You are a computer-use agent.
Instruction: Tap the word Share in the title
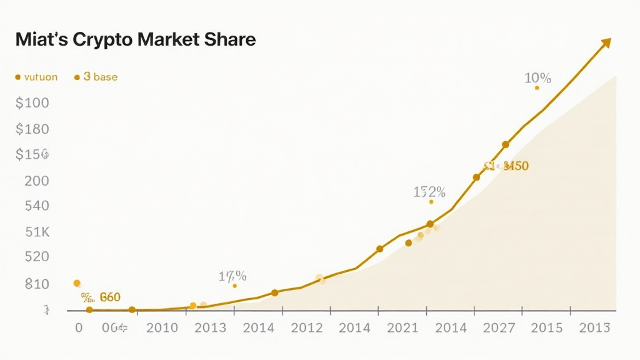click(230, 39)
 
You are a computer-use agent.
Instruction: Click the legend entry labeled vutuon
click(40, 77)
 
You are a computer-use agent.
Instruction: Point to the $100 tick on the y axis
click(32, 103)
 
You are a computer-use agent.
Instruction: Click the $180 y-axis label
click(32, 129)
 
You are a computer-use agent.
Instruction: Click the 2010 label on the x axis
click(162, 328)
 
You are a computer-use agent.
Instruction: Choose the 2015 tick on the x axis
click(547, 328)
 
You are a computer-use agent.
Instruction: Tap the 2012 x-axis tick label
click(307, 328)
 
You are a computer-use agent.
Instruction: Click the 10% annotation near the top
click(537, 79)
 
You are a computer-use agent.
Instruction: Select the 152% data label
click(429, 192)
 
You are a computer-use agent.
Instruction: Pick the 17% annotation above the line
click(232, 276)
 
